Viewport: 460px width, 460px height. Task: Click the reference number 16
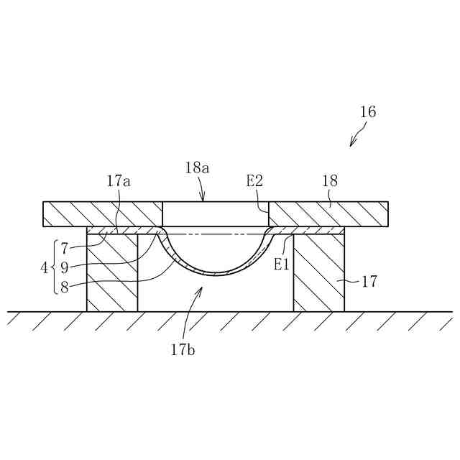368,112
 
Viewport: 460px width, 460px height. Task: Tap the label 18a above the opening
197,168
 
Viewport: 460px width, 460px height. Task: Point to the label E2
254,182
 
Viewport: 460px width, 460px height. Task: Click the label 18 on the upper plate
330,182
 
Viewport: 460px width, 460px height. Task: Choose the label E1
281,264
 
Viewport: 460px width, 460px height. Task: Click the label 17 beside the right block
369,282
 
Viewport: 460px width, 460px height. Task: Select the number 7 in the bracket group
64,249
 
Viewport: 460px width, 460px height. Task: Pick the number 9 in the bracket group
64,267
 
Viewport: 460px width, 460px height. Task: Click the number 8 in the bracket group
64,286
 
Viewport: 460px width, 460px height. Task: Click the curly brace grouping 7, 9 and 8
54,267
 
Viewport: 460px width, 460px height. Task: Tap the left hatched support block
112,273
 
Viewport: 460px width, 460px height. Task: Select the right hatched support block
319,273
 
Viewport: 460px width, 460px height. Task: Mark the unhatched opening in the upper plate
216,213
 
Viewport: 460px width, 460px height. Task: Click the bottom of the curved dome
216,275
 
